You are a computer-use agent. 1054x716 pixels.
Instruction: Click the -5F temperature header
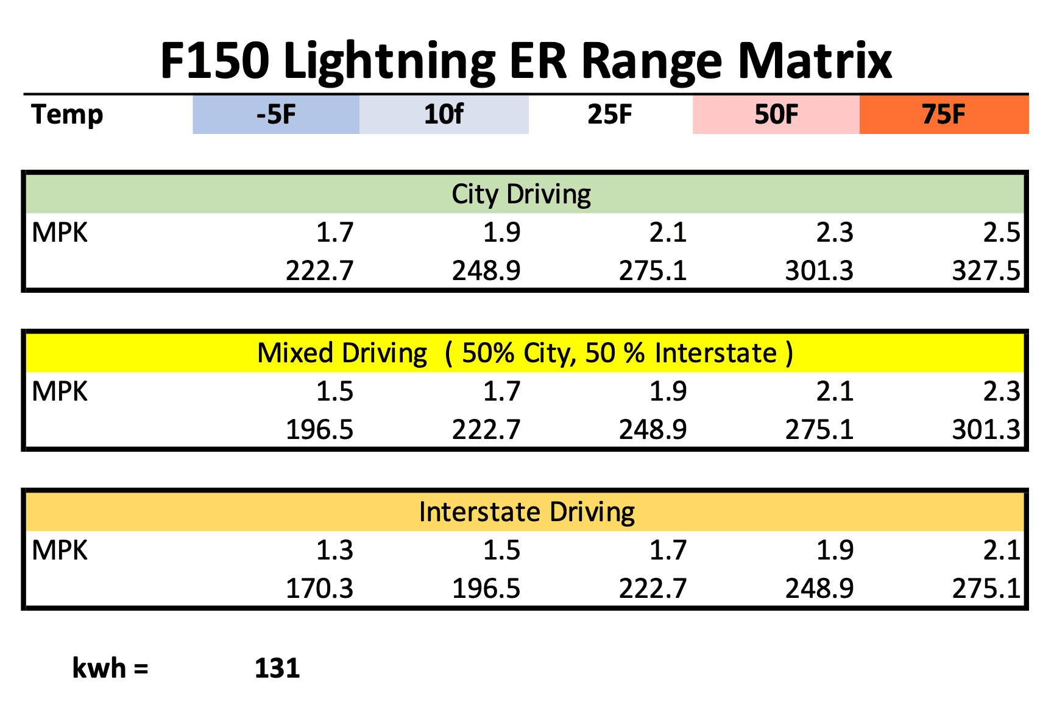pos(276,114)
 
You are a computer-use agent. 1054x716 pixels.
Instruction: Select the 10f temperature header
pos(444,114)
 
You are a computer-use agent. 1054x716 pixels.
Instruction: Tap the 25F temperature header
pos(610,114)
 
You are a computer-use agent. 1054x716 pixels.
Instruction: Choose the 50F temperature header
pos(776,114)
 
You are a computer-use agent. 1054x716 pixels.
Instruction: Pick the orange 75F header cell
pos(944,114)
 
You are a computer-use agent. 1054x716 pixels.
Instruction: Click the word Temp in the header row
pos(67,114)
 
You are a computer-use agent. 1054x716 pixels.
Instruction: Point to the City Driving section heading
pos(522,194)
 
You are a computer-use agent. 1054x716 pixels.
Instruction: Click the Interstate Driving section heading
pos(527,512)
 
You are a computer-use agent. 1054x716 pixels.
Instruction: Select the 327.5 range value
pos(986,271)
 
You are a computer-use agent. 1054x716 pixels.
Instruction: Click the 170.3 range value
pos(319,589)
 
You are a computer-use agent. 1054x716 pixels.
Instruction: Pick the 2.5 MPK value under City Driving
pos(1001,233)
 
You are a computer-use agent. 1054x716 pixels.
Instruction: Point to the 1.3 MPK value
pos(334,550)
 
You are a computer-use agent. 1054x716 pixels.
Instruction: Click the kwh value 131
pos(277,669)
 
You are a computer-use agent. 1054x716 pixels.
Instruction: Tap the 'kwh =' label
pos(110,669)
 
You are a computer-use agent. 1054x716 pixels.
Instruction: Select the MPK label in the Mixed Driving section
pos(60,391)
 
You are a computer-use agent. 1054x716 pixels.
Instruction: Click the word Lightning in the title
pos(389,61)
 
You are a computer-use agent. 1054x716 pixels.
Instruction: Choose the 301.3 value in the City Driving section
pos(819,271)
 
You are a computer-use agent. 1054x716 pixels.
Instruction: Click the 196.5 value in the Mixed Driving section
pos(319,430)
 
